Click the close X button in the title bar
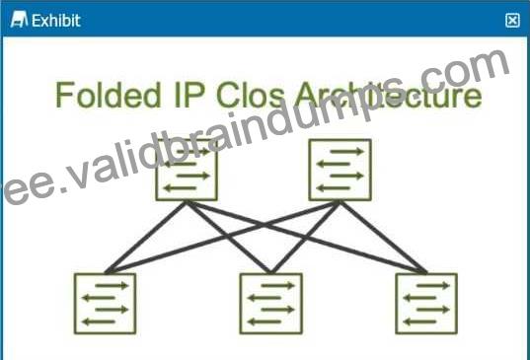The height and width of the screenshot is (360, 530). pos(512,21)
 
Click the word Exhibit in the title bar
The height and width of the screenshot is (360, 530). pos(56,21)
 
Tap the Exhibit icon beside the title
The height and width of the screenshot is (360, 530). pos(19,20)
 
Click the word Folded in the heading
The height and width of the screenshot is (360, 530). pos(109,95)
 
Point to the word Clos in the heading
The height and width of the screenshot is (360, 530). pos(251,95)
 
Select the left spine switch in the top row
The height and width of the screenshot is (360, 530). pos(187,170)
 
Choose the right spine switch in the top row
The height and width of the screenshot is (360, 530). pos(341,170)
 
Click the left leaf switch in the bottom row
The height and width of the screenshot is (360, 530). pos(106,303)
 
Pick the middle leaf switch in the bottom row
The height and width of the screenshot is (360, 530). pos(270,303)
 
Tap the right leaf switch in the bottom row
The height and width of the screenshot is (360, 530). pos(426,303)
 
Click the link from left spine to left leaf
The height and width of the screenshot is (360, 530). pos(146,237)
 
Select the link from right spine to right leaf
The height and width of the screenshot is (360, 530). pos(383,237)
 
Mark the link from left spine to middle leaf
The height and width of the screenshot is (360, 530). pos(229,237)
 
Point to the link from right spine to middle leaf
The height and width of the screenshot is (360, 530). pos(305,237)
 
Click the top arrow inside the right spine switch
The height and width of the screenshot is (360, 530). pos(347,152)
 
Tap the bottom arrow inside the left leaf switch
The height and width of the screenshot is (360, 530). pos(99,322)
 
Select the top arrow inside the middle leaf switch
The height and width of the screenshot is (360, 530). pos(277,286)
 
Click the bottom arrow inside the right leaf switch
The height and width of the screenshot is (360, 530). pos(419,322)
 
